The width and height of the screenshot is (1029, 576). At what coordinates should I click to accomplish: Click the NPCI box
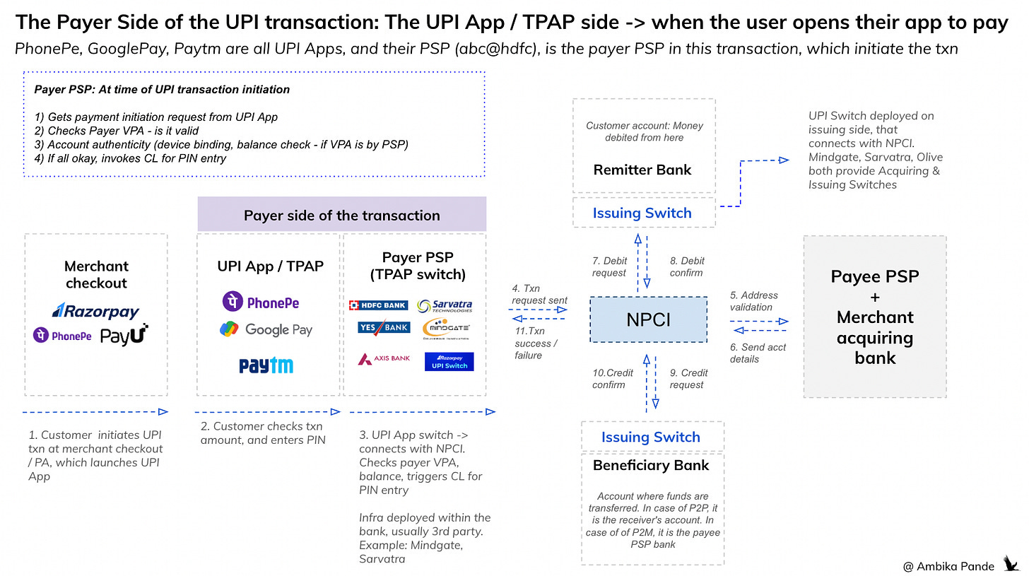[x=648, y=320]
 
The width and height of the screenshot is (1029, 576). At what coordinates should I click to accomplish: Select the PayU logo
[x=124, y=335]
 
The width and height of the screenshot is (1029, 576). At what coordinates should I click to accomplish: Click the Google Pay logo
[x=266, y=329]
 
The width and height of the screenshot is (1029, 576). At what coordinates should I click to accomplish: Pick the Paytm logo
[x=266, y=365]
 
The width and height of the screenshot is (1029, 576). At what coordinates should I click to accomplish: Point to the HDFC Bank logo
[x=379, y=305]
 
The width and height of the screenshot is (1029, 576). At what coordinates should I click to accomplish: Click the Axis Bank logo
[x=384, y=358]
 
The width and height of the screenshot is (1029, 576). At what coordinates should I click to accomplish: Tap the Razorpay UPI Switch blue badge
[x=449, y=362]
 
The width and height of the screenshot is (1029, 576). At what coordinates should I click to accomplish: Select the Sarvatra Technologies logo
[x=445, y=306]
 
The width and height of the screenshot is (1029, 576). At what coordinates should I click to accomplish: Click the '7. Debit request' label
[x=609, y=267]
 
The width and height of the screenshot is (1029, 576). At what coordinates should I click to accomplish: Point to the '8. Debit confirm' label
[x=687, y=266]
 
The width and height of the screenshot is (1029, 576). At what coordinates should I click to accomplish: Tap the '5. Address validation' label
[x=753, y=301]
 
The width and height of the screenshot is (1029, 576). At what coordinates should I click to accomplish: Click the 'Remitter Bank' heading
[x=642, y=170]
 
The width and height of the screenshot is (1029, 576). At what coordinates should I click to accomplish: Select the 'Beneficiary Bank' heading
[x=651, y=465]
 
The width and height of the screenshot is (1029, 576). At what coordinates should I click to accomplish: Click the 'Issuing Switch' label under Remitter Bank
[x=642, y=213]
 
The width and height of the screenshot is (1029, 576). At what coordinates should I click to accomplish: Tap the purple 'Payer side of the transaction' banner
[x=341, y=215]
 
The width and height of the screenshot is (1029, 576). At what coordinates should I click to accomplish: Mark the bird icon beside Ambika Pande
[x=1011, y=564]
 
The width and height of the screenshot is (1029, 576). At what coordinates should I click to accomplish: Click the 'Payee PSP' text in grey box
[x=874, y=276]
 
